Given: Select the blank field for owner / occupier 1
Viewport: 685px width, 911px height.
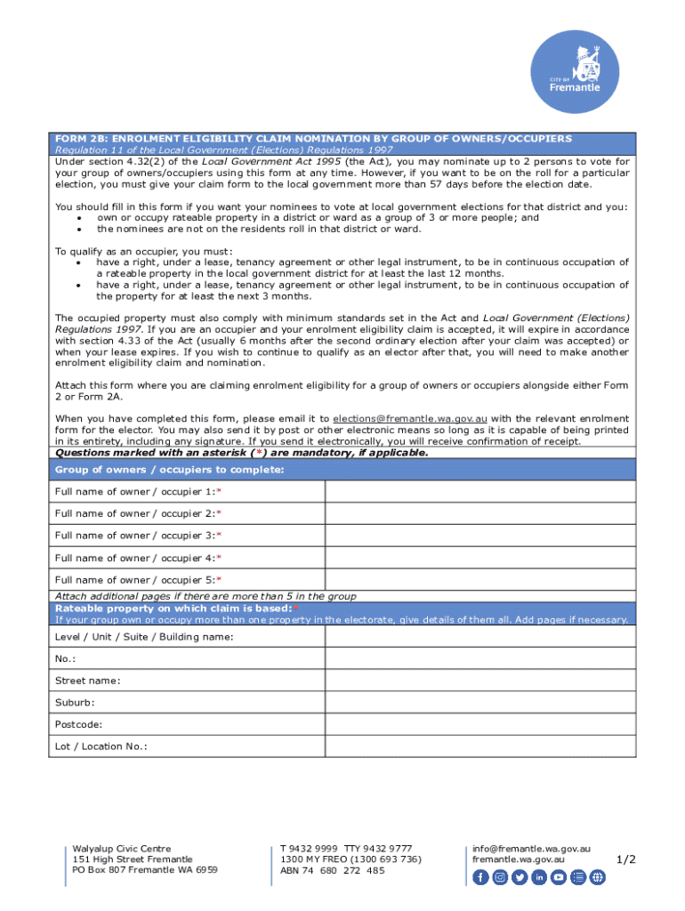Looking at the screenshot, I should pos(480,492).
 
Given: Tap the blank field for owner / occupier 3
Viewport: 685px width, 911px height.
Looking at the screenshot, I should pos(480,536).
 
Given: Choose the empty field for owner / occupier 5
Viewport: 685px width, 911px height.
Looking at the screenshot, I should pos(480,579).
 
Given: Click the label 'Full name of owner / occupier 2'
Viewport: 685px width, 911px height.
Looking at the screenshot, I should pos(138,513).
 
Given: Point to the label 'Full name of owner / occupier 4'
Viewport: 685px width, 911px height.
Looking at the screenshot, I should pos(138,558).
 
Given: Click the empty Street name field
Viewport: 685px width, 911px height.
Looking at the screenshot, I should pos(480,681).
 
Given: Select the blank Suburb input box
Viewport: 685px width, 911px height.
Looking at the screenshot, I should pos(480,703).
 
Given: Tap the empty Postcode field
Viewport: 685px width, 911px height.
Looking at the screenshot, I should pos(480,724).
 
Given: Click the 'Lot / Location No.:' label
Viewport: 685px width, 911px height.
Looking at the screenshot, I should pos(101,746).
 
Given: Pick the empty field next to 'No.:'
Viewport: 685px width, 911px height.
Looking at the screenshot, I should pos(480,658).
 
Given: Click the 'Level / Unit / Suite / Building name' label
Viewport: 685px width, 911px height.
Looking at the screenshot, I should pos(144,637).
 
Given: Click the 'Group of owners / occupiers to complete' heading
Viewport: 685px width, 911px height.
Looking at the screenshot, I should pos(169,470).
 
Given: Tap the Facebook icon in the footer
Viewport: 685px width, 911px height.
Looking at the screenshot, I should pos(480,877).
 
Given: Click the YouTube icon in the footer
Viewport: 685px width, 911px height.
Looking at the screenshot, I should pos(559,877).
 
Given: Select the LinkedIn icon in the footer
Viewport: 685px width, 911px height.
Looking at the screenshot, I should pos(539,877).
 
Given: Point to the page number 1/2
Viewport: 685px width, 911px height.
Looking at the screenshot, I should pos(626,859).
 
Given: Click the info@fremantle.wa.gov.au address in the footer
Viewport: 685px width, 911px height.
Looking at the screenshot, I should pos(531,849).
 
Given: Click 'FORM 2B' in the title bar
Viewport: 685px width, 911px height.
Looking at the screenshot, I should pos(77,139).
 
